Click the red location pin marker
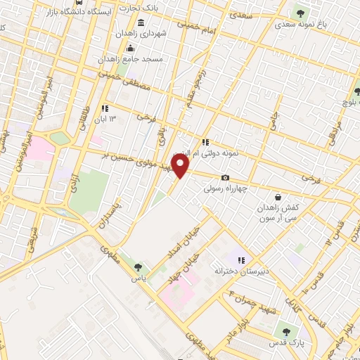tap(181, 166)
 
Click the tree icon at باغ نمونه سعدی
tap(300, 12)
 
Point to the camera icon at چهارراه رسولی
tap(225, 178)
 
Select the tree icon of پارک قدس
tap(285, 330)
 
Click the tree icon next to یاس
tap(138, 266)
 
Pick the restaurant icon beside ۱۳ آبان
tap(105, 108)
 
